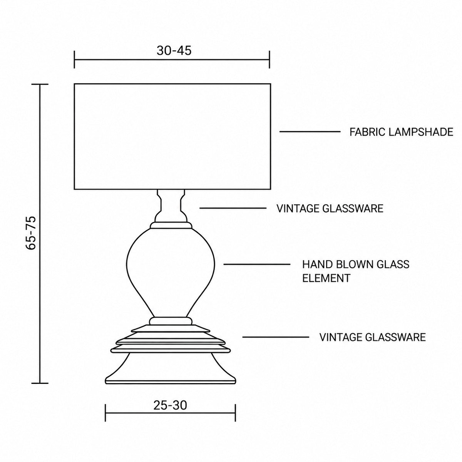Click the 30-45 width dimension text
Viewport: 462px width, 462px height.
click(x=174, y=50)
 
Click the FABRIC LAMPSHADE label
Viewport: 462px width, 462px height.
click(x=401, y=132)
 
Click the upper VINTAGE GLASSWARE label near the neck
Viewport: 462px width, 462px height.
click(x=330, y=208)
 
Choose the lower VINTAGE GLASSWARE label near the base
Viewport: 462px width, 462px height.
click(x=373, y=337)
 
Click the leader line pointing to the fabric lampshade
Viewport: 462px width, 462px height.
click(x=310, y=132)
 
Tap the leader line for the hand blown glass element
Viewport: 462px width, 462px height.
click(x=257, y=264)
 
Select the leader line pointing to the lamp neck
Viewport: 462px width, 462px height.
click(x=233, y=208)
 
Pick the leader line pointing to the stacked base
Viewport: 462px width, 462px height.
click(x=276, y=337)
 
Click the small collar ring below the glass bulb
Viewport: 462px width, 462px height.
click(x=171, y=321)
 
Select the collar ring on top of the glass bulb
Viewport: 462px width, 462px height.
click(x=171, y=225)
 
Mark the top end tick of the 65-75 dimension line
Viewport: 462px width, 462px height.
click(x=40, y=84)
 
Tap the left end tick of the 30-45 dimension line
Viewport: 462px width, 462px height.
click(x=75, y=59)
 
